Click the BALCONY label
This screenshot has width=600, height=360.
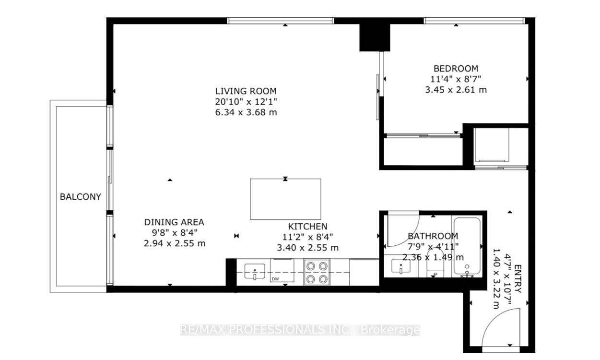click(80, 196)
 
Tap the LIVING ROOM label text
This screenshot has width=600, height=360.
click(246, 91)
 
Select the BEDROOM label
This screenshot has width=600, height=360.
click(456, 68)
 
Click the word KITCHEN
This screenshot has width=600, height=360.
click(307, 226)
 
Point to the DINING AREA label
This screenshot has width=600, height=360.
click(174, 222)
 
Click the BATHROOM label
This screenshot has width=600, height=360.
click(433, 236)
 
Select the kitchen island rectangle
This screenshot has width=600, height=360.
click(285, 199)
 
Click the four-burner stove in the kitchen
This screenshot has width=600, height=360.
click(317, 272)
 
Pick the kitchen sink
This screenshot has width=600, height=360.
click(254, 272)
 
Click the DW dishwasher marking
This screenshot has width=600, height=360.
click(275, 278)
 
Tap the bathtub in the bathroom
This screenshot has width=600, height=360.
click(467, 248)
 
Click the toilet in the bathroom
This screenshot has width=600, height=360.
click(435, 270)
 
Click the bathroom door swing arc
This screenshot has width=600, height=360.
click(405, 229)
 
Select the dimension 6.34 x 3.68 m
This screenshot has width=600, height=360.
click(246, 112)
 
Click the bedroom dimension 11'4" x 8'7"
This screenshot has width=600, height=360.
click(456, 79)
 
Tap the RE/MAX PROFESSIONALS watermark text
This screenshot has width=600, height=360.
click(300, 330)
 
